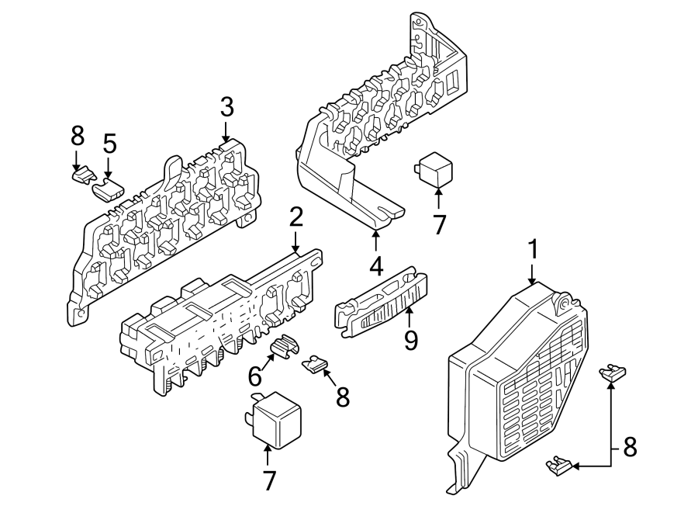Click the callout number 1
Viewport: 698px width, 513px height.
pyautogui.click(x=533, y=250)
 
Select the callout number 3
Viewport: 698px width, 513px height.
pyautogui.click(x=226, y=107)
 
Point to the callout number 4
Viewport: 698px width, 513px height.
pyautogui.click(x=376, y=266)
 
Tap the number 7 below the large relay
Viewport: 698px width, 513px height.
pyautogui.click(x=268, y=480)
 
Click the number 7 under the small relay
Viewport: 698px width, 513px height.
pyautogui.click(x=439, y=224)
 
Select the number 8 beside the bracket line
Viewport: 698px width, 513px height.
pyautogui.click(x=630, y=447)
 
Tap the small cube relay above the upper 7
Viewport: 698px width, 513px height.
pyautogui.click(x=436, y=167)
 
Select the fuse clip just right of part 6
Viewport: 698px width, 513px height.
pyautogui.click(x=313, y=362)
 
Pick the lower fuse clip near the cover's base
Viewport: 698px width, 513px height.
pyautogui.click(x=562, y=466)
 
